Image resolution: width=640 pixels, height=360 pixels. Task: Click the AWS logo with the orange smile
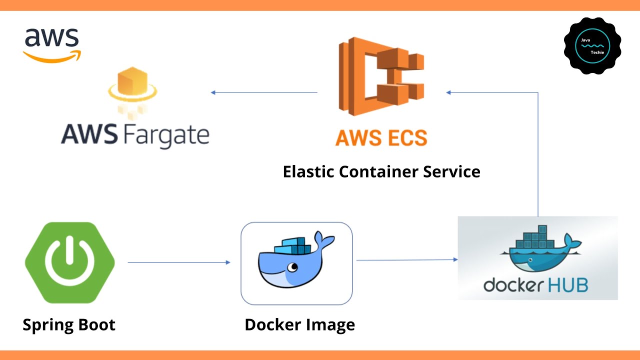[52, 45]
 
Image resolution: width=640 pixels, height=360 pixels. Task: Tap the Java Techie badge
[593, 45]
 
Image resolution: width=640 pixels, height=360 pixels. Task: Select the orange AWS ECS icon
[381, 75]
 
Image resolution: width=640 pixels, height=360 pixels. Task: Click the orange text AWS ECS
[381, 137]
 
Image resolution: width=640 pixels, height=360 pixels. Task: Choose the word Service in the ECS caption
[451, 171]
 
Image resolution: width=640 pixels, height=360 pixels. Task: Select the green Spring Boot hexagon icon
[70, 262]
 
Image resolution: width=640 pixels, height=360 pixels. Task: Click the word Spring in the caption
[43, 325]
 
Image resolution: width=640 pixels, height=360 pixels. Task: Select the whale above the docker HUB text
[540, 250]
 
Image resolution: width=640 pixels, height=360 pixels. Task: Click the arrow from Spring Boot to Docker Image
[178, 262]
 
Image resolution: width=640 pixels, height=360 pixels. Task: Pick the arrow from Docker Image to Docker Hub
[406, 259]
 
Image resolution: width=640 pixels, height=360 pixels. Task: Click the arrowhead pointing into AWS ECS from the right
[449, 92]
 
